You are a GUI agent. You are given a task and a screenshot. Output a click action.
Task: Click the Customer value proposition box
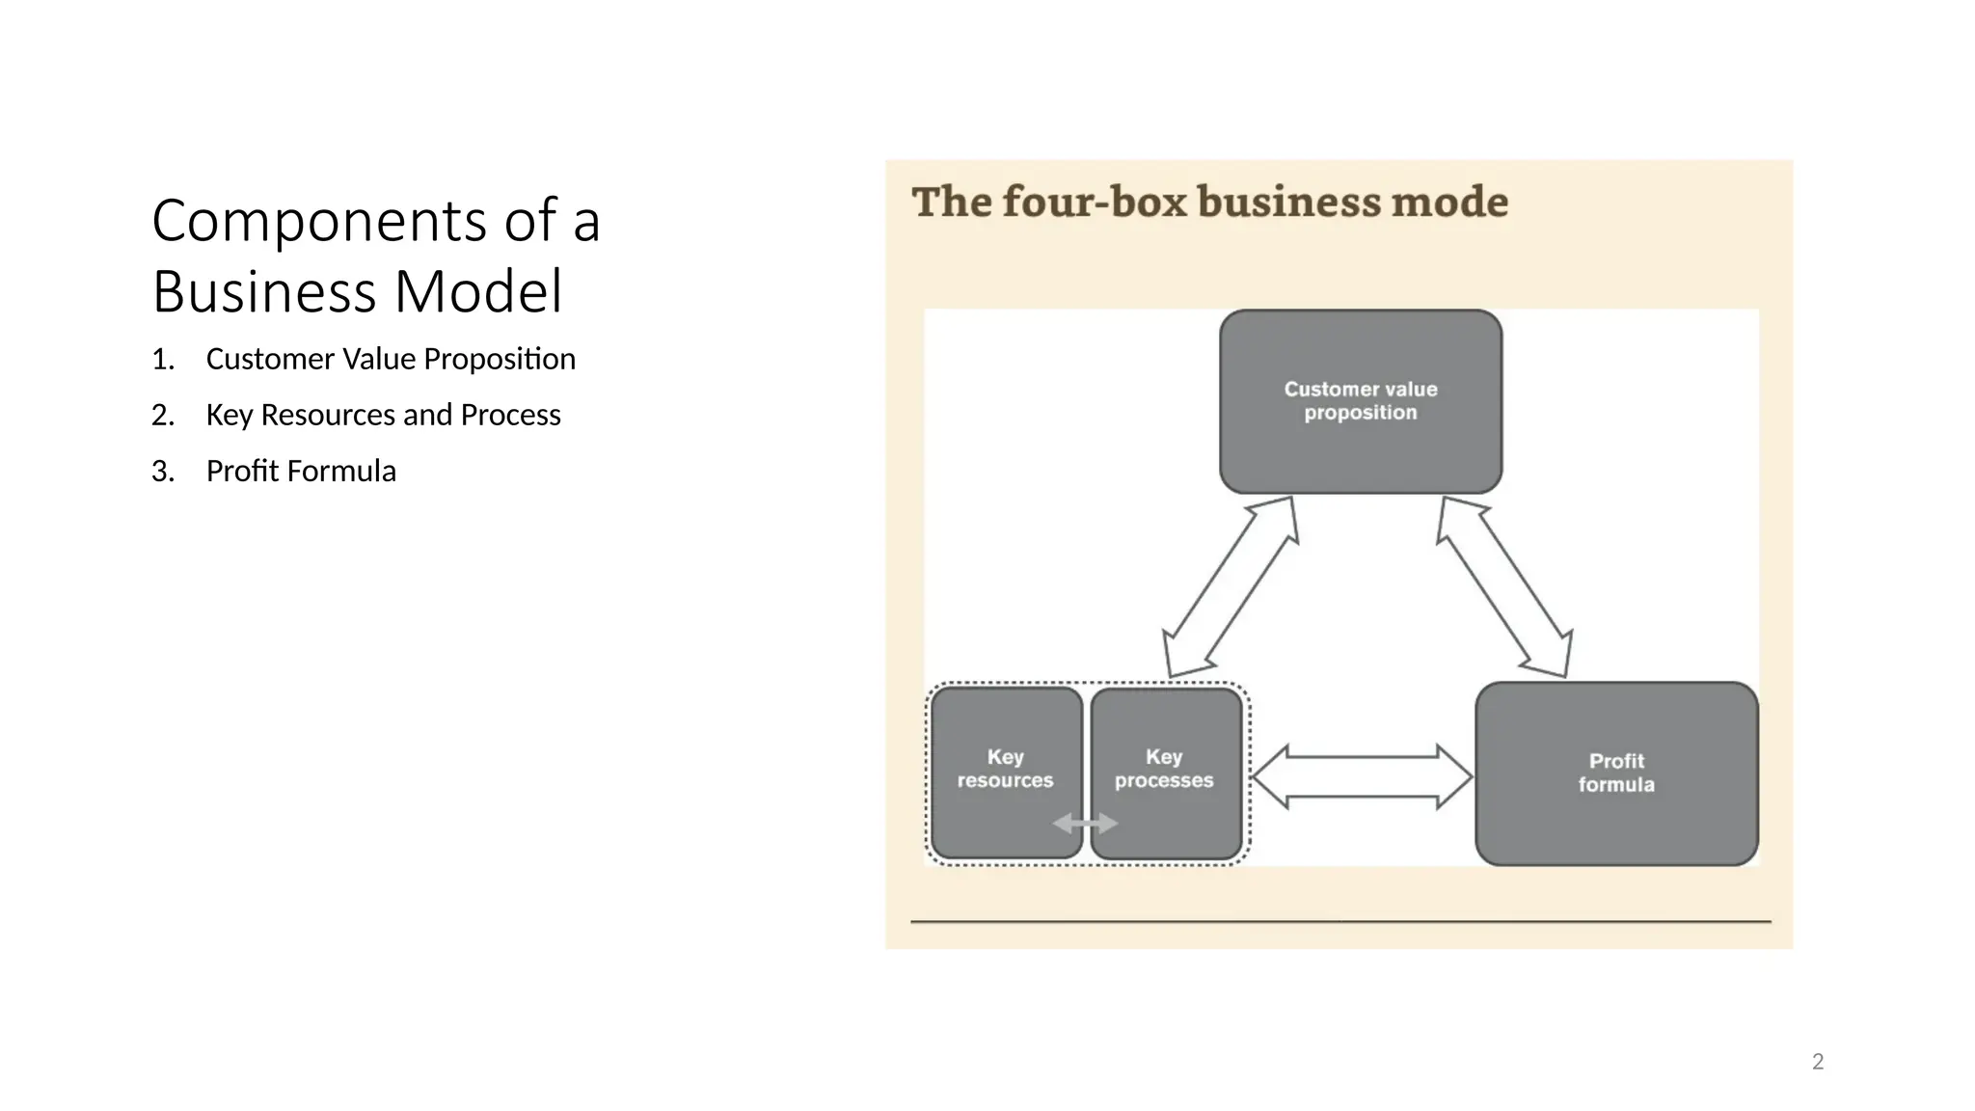[x=1360, y=401]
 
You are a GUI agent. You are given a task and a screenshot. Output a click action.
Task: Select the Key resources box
[x=1006, y=772]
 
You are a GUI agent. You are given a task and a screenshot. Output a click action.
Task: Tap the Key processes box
[x=1165, y=772]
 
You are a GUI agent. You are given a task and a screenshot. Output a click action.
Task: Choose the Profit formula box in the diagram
[x=1616, y=773]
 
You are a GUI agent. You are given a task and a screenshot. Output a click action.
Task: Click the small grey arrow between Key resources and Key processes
[x=1085, y=824]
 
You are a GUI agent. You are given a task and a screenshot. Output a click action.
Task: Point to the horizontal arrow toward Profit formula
[x=1362, y=776]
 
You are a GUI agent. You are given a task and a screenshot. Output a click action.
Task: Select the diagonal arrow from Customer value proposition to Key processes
[x=1231, y=587]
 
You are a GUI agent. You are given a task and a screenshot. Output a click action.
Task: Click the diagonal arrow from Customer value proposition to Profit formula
[x=1504, y=587]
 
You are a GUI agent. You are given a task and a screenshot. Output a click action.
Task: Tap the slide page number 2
[x=1818, y=1062]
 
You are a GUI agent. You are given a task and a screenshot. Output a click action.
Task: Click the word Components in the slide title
[x=319, y=221]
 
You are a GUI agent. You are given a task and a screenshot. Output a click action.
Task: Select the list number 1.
[x=162, y=360]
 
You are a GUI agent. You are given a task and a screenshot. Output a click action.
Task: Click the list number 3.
[x=162, y=472]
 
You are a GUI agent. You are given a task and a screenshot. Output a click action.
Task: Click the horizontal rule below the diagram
[x=1340, y=922]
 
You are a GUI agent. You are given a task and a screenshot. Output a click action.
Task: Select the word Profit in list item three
[x=242, y=472]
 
